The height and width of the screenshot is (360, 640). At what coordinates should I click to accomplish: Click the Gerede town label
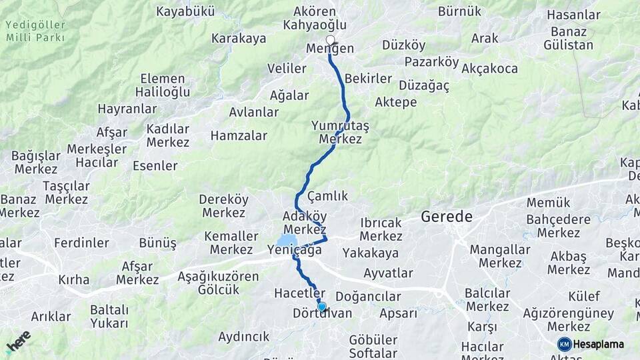(447, 217)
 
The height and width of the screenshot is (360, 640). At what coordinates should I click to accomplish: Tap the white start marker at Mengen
(330, 40)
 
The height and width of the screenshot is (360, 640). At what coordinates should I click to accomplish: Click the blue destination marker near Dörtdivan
(322, 307)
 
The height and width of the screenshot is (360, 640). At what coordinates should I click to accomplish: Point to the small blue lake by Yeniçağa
(287, 240)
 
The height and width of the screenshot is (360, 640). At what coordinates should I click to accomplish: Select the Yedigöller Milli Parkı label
(35, 31)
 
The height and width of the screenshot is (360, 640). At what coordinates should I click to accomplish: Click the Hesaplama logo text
(598, 344)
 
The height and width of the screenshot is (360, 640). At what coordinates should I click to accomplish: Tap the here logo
(18, 341)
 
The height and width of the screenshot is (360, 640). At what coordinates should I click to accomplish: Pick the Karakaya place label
(239, 39)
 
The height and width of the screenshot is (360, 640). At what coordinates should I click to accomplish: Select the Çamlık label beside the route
(328, 196)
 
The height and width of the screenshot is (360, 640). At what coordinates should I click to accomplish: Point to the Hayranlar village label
(127, 108)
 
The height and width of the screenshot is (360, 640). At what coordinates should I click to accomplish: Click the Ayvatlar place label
(388, 273)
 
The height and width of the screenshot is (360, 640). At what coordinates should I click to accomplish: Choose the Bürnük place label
(459, 11)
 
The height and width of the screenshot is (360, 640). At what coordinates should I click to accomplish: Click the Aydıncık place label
(244, 337)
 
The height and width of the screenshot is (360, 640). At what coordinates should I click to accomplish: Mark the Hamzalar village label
(239, 136)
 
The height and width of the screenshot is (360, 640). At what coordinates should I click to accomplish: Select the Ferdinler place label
(81, 242)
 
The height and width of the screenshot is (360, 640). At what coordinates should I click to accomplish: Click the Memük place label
(548, 203)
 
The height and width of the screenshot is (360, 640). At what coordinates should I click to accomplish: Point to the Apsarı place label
(398, 313)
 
